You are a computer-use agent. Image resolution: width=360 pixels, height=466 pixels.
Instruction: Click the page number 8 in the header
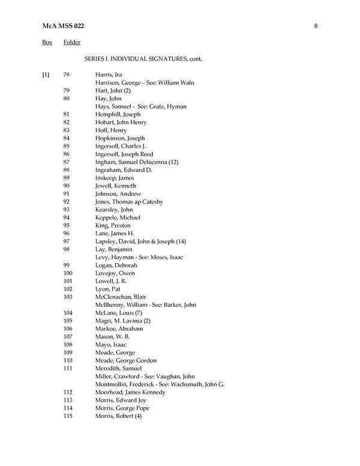pos(315,25)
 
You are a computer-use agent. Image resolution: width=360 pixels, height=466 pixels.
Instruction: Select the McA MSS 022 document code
pos(63,25)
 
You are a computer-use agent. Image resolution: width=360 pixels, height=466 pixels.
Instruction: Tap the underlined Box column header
pos(47,43)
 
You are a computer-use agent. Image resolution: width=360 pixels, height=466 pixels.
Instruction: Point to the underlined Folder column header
pos(72,43)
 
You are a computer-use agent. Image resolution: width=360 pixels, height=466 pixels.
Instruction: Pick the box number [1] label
pos(46,74)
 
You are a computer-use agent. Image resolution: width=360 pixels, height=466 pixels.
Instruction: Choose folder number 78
pos(67,74)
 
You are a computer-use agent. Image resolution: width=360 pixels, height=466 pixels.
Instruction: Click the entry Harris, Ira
pos(109,74)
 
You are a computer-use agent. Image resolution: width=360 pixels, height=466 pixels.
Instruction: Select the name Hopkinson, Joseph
pos(120,138)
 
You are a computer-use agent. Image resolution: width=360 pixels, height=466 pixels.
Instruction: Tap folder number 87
pos(67,162)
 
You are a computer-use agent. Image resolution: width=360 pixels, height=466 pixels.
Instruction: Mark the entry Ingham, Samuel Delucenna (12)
pos(137,162)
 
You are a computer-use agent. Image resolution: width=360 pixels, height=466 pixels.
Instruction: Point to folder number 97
pos(67,241)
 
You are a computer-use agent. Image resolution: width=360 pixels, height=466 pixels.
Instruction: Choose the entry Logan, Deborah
pos(116,265)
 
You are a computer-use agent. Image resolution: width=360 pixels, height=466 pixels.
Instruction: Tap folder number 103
pos(68,297)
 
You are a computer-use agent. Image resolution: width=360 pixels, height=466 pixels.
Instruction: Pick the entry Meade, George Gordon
pos(125,360)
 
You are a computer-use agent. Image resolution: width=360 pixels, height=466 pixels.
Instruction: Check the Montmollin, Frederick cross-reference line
pos(160,384)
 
